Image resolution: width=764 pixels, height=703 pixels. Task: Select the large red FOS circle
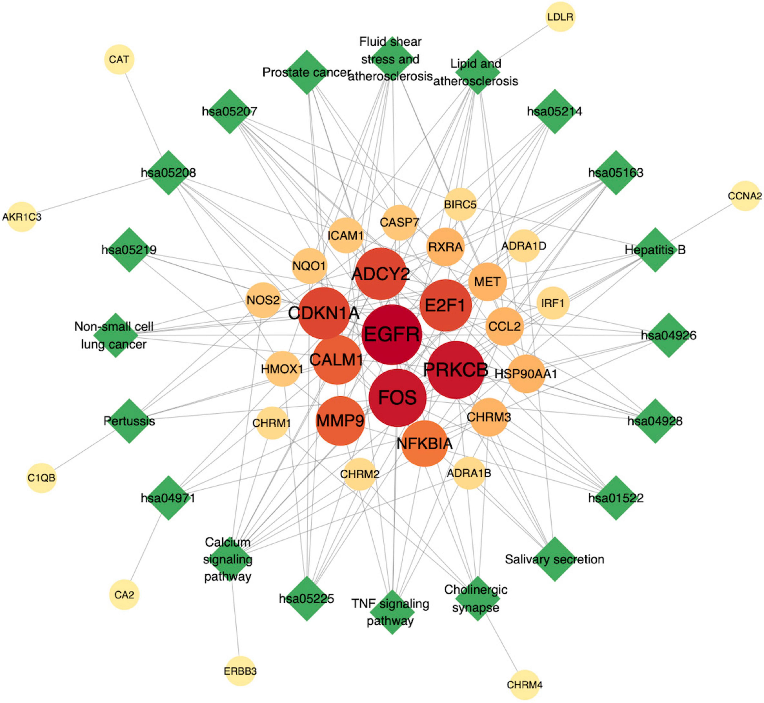397,398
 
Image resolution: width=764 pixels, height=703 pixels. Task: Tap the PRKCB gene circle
456,370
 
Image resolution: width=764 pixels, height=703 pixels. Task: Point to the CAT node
119,59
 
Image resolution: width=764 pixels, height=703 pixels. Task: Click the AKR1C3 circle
22,217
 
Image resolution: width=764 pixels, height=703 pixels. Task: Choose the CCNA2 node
745,196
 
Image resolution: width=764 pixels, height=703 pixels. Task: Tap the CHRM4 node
524,685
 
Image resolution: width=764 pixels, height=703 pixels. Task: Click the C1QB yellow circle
41,478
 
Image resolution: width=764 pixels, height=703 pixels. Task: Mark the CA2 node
124,595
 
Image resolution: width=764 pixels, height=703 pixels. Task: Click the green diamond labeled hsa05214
554,111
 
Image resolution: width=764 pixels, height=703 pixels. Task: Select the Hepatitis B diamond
655,250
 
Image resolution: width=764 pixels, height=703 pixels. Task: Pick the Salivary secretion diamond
554,559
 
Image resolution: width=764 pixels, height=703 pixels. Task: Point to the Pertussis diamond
129,421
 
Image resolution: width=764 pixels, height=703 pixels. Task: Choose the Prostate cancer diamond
306,72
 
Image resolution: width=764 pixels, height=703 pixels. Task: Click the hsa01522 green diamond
616,498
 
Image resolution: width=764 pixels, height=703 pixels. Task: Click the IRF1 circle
553,303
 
